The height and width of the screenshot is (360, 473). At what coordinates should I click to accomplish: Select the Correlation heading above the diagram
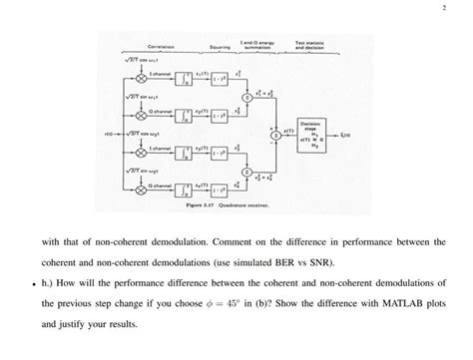tap(163, 47)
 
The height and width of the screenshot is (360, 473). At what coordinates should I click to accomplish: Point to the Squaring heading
tap(220, 47)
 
